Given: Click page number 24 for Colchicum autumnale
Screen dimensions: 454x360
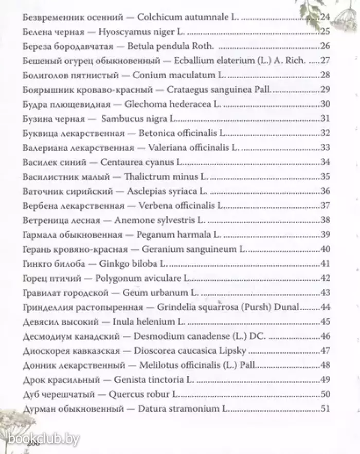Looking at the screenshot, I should pos(324,17).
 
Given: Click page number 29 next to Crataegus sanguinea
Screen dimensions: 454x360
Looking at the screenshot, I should pos(325,89).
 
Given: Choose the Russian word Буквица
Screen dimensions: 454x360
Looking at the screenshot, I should pos(42,133).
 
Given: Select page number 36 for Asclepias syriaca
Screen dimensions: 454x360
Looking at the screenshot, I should pos(325,191).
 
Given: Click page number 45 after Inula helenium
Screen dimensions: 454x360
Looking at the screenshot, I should pos(325,322).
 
